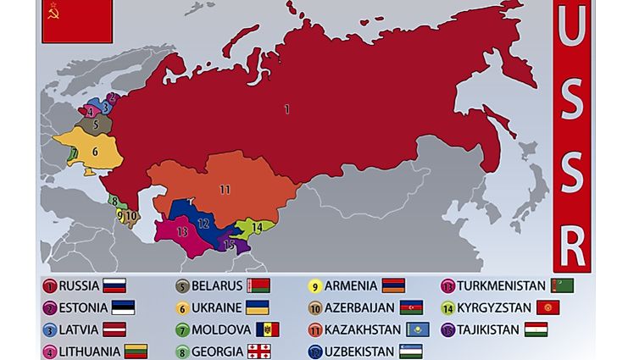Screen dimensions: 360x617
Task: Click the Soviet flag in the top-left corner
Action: coord(76,20)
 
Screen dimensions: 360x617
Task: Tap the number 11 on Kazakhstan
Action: coord(225,189)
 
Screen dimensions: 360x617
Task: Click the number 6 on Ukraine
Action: coord(95,152)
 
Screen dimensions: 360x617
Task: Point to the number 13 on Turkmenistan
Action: coord(182,230)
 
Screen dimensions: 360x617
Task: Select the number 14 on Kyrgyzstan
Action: coord(256,227)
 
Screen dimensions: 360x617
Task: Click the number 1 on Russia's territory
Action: coord(287,109)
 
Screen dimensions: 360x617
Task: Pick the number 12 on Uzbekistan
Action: coord(203,224)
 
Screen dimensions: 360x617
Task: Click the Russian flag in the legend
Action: coord(114,286)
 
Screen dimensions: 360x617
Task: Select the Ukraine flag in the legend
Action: coord(258,307)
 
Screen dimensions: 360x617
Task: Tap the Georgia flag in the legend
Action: coord(258,351)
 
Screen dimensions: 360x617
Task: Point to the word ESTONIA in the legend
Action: coord(83,308)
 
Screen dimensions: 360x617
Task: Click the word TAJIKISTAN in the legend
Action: coord(488,330)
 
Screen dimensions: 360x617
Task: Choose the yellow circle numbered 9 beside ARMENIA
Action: coord(315,286)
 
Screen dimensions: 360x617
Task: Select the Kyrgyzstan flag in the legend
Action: coord(548,307)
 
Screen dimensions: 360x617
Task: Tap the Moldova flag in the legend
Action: coord(267,330)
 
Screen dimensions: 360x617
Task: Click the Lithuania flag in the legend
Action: coord(136,351)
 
